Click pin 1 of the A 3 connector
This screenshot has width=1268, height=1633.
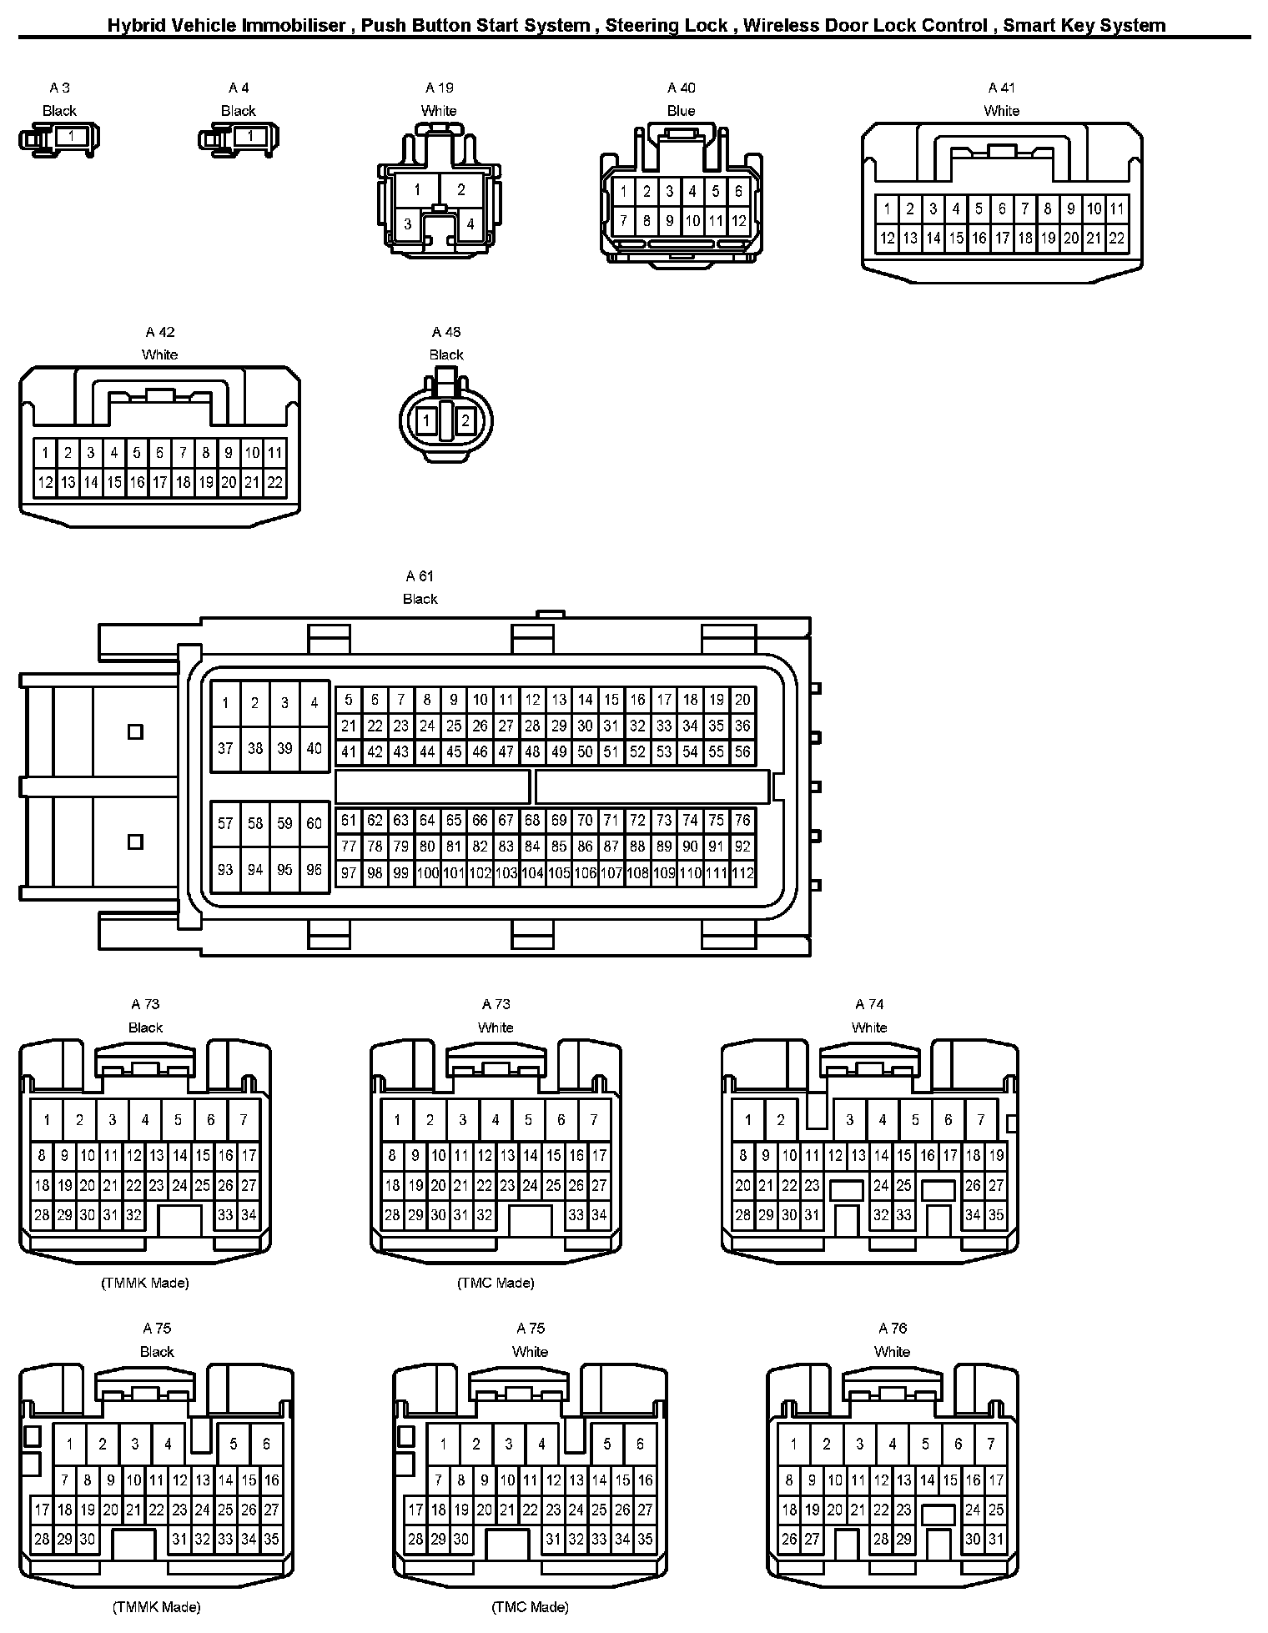(71, 136)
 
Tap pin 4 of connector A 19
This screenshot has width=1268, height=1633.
(470, 224)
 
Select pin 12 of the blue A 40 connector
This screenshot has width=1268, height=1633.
(739, 221)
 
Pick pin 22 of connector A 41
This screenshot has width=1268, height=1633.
(1117, 238)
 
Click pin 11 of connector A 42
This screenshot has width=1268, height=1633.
(274, 453)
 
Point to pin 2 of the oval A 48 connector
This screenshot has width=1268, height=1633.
(465, 420)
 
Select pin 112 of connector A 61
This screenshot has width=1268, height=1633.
(742, 873)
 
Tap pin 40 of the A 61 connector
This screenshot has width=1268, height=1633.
(314, 748)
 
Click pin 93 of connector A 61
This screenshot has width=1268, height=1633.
(225, 869)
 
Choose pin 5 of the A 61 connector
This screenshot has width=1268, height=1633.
(349, 700)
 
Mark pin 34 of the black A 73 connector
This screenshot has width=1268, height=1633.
(249, 1215)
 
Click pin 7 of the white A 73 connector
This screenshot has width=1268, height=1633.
(594, 1120)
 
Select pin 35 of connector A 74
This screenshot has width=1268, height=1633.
(996, 1215)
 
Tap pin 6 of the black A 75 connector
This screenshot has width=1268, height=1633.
(266, 1444)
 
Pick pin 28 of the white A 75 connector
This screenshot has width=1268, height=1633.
(415, 1539)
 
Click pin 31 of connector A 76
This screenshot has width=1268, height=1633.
(996, 1539)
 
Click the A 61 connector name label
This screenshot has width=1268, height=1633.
(420, 576)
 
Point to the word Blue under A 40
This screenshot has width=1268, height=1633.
(681, 111)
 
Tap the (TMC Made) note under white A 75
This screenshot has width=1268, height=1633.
(530, 1607)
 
